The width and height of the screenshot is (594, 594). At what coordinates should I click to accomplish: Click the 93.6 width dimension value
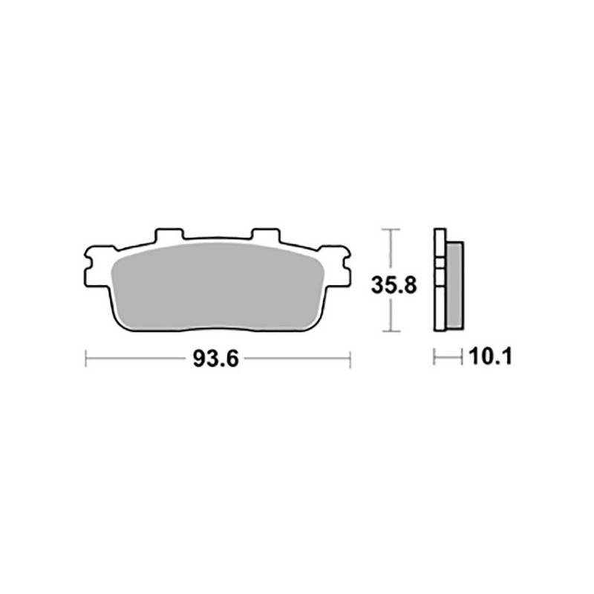[x=215, y=359]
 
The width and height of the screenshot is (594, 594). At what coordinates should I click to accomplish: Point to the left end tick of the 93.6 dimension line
[x=87, y=359]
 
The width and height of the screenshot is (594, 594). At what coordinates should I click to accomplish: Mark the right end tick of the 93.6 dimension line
[x=349, y=359]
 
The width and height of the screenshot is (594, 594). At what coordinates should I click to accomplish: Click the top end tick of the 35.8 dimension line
[x=390, y=229]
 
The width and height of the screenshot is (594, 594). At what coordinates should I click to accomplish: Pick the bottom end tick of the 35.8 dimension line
[x=390, y=331]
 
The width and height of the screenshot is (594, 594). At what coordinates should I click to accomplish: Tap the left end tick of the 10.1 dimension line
[x=435, y=359]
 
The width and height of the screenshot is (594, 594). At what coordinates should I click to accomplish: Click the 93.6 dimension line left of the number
[x=137, y=359]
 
